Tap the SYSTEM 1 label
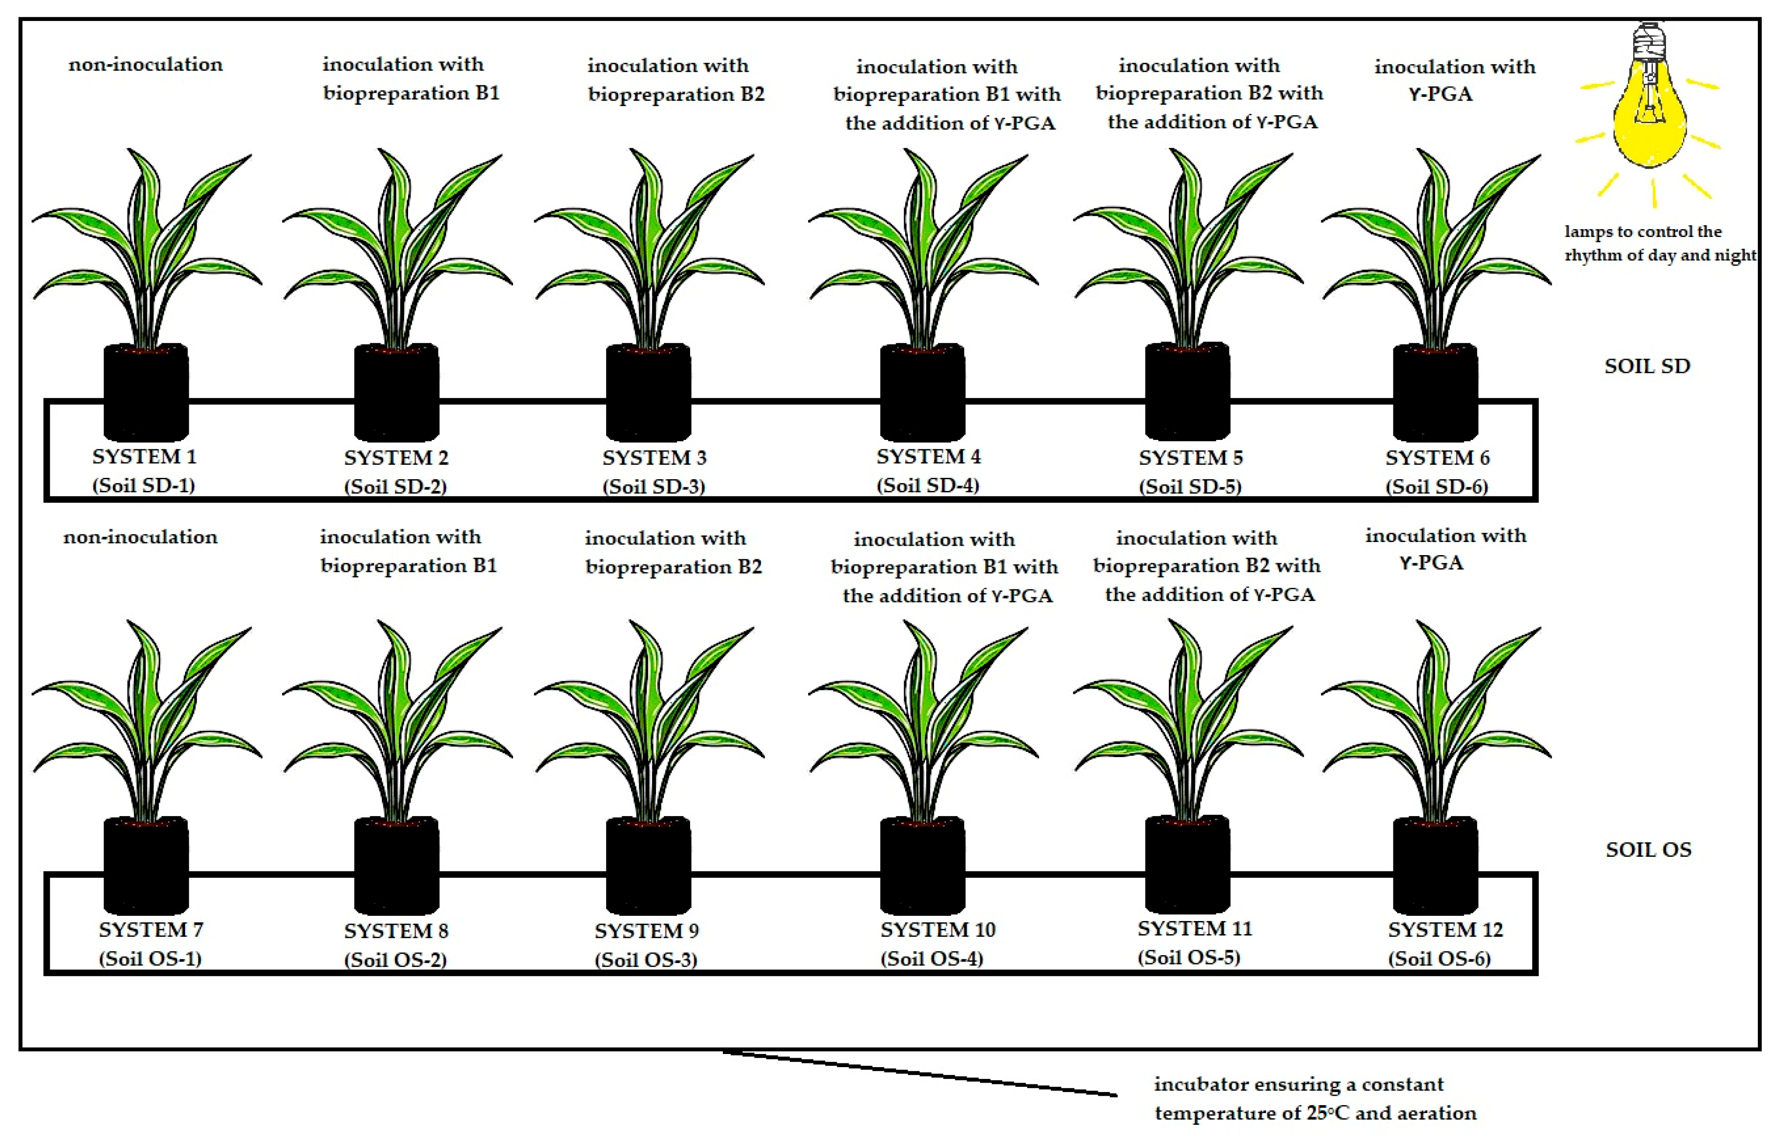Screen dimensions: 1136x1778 coord(145,457)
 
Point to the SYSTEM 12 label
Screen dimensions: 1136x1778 coord(1445,929)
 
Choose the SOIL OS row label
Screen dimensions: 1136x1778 coord(1648,850)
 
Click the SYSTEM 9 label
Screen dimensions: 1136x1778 coord(647,931)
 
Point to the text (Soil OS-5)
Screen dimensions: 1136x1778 coord(1189,958)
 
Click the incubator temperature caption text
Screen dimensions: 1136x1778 coord(1314,1099)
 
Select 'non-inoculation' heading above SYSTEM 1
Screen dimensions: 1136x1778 coord(145,65)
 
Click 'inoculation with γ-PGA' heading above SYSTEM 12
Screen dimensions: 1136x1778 coord(1445,549)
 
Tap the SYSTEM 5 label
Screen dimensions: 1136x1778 coord(1190,458)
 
